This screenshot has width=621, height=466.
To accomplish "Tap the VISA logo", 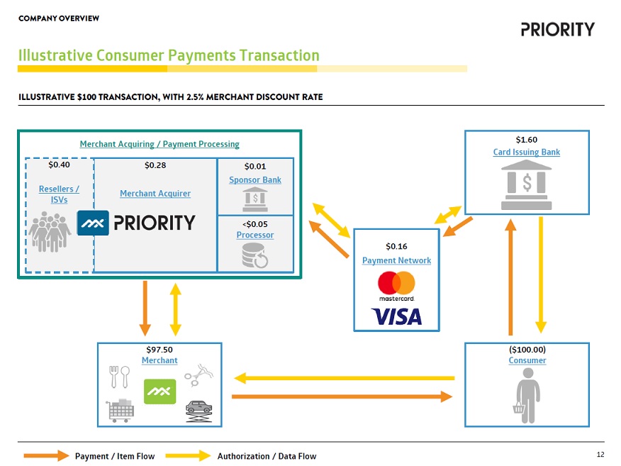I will tap(396, 316).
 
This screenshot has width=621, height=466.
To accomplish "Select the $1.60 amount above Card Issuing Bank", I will tap(527, 140).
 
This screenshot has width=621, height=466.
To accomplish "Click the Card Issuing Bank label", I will tap(527, 152).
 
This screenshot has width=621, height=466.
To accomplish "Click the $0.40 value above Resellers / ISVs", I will tap(59, 165).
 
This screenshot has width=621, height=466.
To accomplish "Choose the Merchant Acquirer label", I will tap(155, 194).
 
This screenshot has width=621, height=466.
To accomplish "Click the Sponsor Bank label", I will tap(255, 180).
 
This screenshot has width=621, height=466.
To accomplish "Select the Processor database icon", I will tap(255, 256).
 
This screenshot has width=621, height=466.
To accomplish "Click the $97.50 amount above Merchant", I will tap(160, 350).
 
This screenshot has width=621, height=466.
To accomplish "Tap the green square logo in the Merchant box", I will tap(160, 392).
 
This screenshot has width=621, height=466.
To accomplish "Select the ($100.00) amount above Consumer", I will tap(527, 350).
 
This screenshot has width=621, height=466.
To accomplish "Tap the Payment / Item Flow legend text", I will tap(115, 456).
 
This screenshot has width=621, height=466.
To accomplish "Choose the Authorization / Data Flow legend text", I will tap(267, 456).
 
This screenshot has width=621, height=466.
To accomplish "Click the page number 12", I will tap(600, 455).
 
